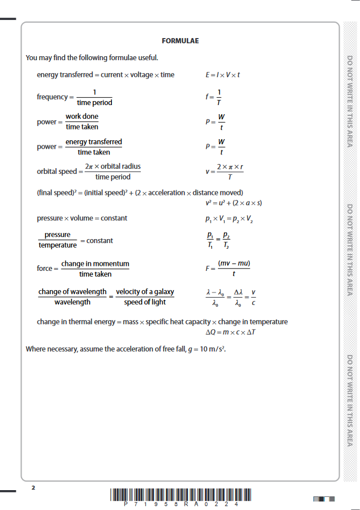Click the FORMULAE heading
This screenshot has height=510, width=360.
[180, 41]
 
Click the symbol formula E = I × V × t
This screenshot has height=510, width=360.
[223, 74]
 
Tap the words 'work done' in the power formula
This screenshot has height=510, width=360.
[82, 116]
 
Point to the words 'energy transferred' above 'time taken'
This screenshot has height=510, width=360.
[94, 141]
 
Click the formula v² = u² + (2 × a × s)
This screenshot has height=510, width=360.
[233, 203]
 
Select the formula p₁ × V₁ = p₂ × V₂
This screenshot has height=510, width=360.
[229, 218]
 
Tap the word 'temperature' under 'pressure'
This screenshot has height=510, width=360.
[57, 245]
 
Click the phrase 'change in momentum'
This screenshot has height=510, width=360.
[95, 264]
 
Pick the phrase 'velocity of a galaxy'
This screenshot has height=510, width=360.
[145, 292]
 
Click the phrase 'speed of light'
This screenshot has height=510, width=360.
[145, 302]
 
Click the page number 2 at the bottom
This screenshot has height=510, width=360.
[33, 488]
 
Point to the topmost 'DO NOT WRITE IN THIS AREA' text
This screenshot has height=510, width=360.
[350, 101]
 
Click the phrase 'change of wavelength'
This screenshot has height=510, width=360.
[72, 292]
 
